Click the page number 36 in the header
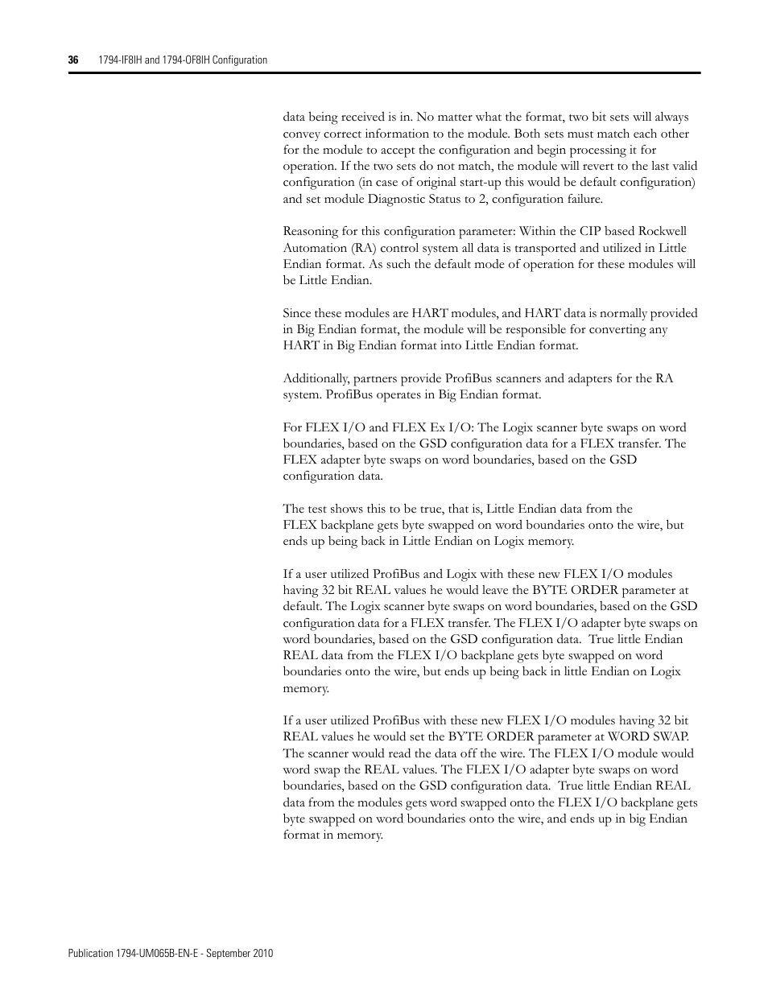click(x=72, y=60)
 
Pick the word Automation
click(x=313, y=248)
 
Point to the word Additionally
click(x=316, y=378)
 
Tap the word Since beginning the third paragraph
click(x=298, y=313)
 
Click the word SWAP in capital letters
click(x=670, y=737)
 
